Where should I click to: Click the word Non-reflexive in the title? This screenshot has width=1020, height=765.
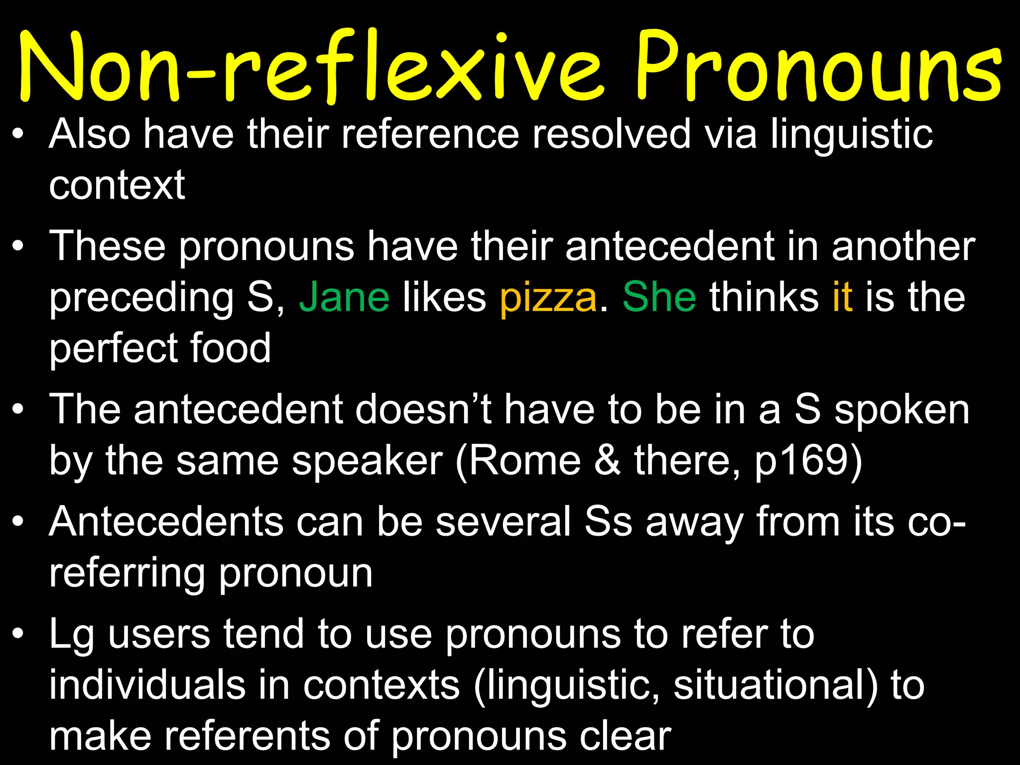pyautogui.click(x=309, y=67)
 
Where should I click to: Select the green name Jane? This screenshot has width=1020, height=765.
pyautogui.click(x=344, y=297)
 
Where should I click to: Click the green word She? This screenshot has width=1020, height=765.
pyautogui.click(x=659, y=297)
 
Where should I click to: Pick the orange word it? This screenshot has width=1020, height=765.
pyautogui.click(x=842, y=297)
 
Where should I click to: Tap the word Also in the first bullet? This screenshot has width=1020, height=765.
pyautogui.click(x=90, y=134)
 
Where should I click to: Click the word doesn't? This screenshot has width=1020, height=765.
pyautogui.click(x=423, y=410)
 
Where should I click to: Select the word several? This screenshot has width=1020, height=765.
pyautogui.click(x=504, y=522)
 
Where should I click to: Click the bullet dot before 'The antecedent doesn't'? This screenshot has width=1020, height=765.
pyautogui.click(x=18, y=410)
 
